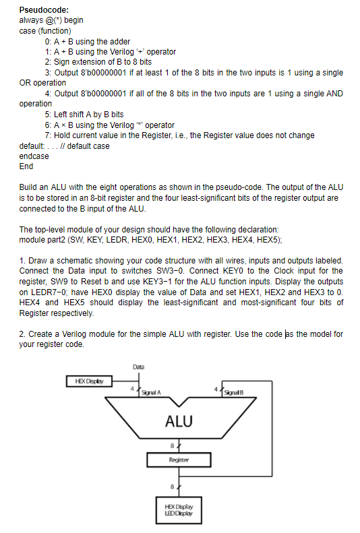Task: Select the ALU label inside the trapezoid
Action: pos(179,422)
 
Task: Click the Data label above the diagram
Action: pos(140,367)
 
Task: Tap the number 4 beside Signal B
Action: pos(215,389)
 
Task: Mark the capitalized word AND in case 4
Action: pos(334,94)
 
